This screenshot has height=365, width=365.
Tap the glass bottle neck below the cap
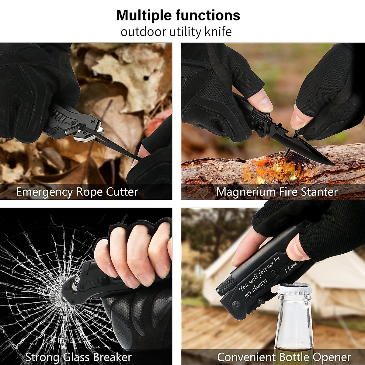(294, 313)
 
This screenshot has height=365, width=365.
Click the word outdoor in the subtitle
(143, 32)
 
